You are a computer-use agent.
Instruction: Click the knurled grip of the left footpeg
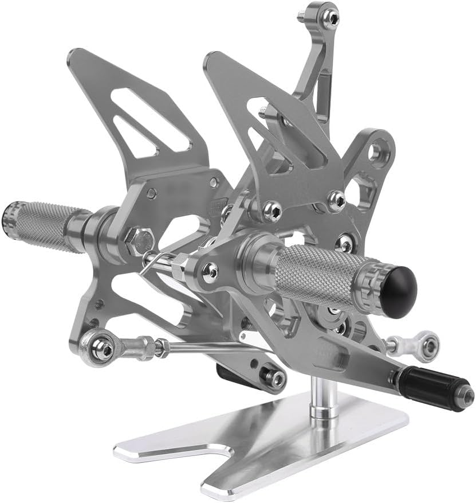pos(46,225)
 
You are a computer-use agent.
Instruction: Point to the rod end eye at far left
pos(102,348)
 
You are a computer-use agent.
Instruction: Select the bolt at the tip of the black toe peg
pos(467,395)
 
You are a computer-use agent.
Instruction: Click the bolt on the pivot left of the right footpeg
pos(210,270)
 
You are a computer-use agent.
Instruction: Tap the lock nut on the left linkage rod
pos(162,346)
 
